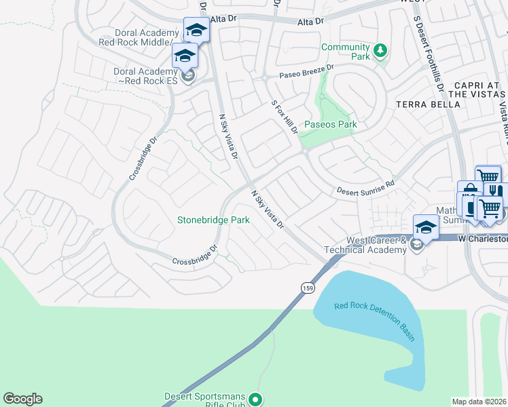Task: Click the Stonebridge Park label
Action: [x=213, y=220]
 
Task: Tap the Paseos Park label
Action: [x=330, y=124]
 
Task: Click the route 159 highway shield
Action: [x=308, y=287]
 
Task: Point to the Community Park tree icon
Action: [x=381, y=51]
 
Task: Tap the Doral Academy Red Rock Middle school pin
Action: [x=196, y=30]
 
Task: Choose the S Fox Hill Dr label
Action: [x=285, y=117]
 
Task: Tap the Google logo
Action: [x=22, y=399]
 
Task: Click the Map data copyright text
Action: [x=479, y=402]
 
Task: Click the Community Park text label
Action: [x=346, y=52]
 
